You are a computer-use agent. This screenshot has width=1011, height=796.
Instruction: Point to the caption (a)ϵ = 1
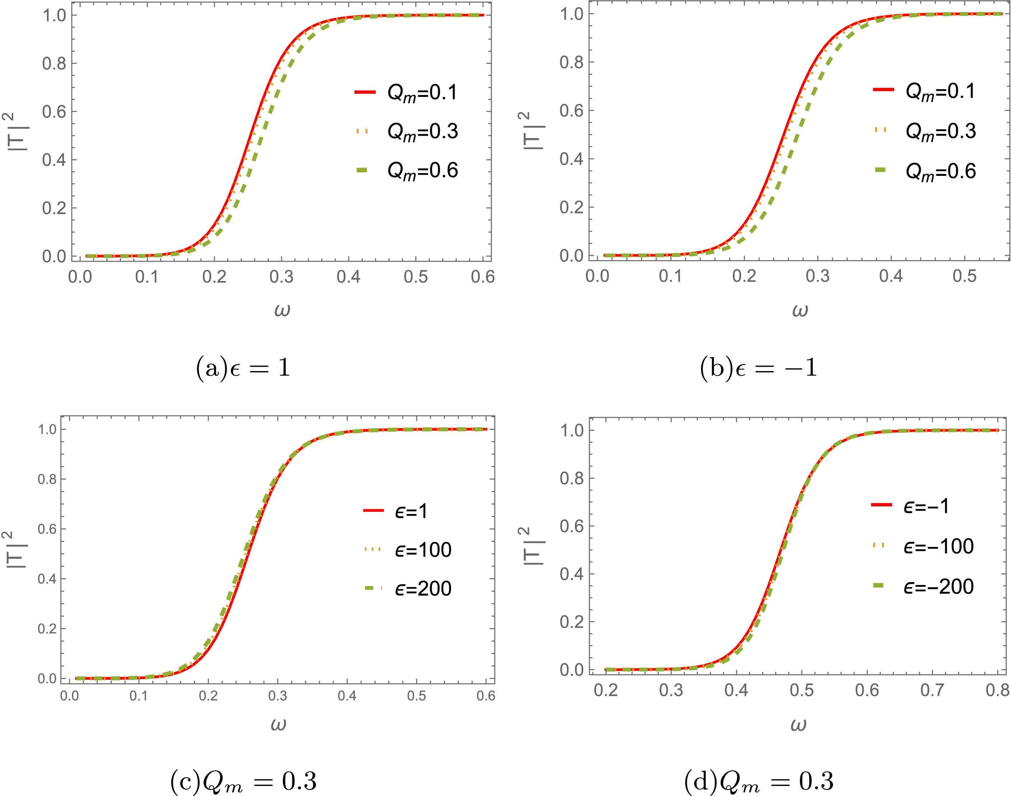tap(243, 368)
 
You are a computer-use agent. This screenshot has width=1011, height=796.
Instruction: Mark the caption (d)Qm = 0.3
tap(759, 781)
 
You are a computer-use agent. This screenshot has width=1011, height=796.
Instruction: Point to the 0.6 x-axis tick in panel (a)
tap(483, 277)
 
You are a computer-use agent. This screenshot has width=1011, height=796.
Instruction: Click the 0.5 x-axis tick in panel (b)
tap(964, 276)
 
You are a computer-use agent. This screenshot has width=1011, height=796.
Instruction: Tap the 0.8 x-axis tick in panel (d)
tap(997, 690)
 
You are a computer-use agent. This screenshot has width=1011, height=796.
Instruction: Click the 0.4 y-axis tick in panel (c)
tap(47, 579)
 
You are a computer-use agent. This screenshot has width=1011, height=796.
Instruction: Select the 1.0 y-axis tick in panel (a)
tap(54, 15)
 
